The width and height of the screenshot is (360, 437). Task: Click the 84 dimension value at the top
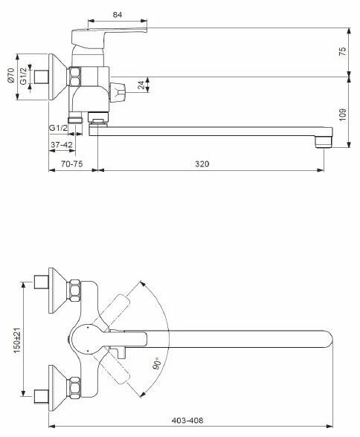tap(118, 15)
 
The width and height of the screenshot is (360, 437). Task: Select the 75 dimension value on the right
tap(343, 51)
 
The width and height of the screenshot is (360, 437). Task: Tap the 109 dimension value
tap(343, 114)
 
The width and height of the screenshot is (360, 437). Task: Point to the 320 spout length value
tap(202, 164)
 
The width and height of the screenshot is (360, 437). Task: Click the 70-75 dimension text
tap(72, 164)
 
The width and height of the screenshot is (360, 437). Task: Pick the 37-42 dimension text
tap(61, 145)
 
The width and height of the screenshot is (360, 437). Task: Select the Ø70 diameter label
tap(11, 75)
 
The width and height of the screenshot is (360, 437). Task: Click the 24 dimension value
tap(141, 85)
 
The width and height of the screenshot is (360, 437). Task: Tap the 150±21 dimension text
tap(17, 339)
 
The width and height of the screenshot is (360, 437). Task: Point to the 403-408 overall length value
tap(187, 420)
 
